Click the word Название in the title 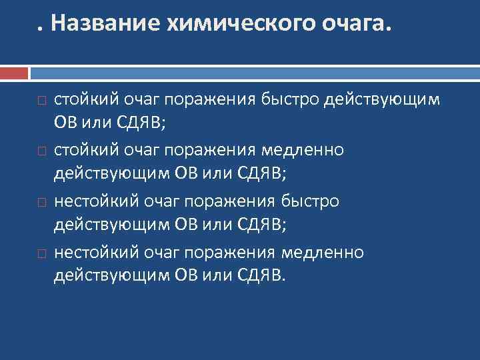pyautogui.click(x=103, y=24)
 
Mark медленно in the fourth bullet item pyautogui.click(x=323, y=252)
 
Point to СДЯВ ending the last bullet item pyautogui.click(x=259, y=275)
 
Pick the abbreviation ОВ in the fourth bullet pyautogui.click(x=186, y=275)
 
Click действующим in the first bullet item pyautogui.click(x=381, y=100)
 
